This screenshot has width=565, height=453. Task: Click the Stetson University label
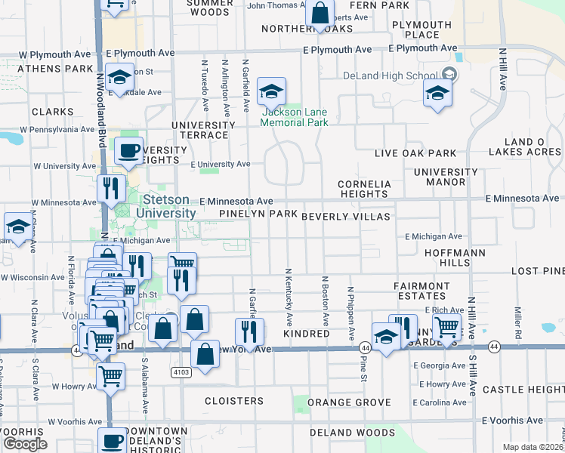[x=169, y=207]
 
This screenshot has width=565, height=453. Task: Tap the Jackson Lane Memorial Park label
[x=295, y=117]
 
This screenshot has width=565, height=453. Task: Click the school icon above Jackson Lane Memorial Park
[x=270, y=93]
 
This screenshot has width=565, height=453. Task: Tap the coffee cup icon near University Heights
[x=129, y=150]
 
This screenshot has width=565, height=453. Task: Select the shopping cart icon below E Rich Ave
[x=447, y=328]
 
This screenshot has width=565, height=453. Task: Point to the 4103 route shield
[x=181, y=371]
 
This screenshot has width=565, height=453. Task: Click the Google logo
[x=25, y=443]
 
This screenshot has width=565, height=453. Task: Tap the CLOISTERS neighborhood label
[x=234, y=401]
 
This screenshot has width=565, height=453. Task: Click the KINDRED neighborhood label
[x=306, y=334]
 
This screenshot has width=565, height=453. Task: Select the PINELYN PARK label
[x=258, y=214]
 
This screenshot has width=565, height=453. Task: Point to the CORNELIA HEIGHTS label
[x=365, y=189]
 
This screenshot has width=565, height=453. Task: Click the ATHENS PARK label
[x=45, y=69]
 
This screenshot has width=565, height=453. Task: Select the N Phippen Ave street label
[x=350, y=311]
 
